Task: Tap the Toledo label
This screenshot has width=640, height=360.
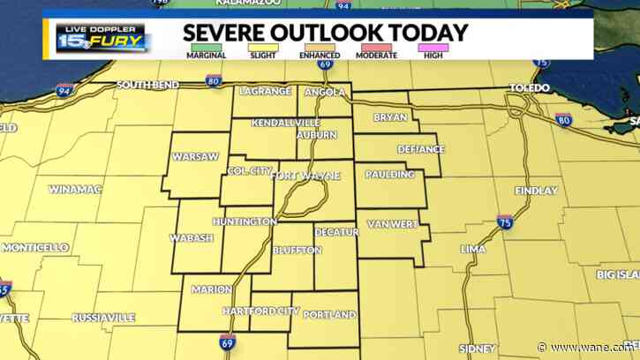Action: pyautogui.click(x=531, y=88)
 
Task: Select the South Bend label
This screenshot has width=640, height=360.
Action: pyautogui.click(x=148, y=85)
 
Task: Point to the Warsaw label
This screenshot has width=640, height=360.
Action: pyautogui.click(x=194, y=156)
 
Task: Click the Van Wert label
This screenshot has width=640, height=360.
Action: pyautogui.click(x=392, y=224)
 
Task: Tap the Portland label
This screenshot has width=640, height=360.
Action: pyautogui.click(x=329, y=315)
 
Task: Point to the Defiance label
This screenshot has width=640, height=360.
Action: pyautogui.click(x=420, y=149)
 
